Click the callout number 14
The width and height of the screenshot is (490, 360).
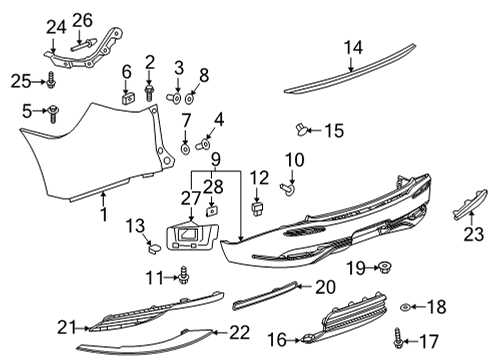coord(354,46)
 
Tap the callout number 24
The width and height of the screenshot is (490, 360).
coord(54,25)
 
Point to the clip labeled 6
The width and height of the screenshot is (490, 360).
coord(128,98)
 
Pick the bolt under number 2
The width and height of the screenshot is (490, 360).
coord(150,93)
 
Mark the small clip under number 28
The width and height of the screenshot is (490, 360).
coord(212,211)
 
